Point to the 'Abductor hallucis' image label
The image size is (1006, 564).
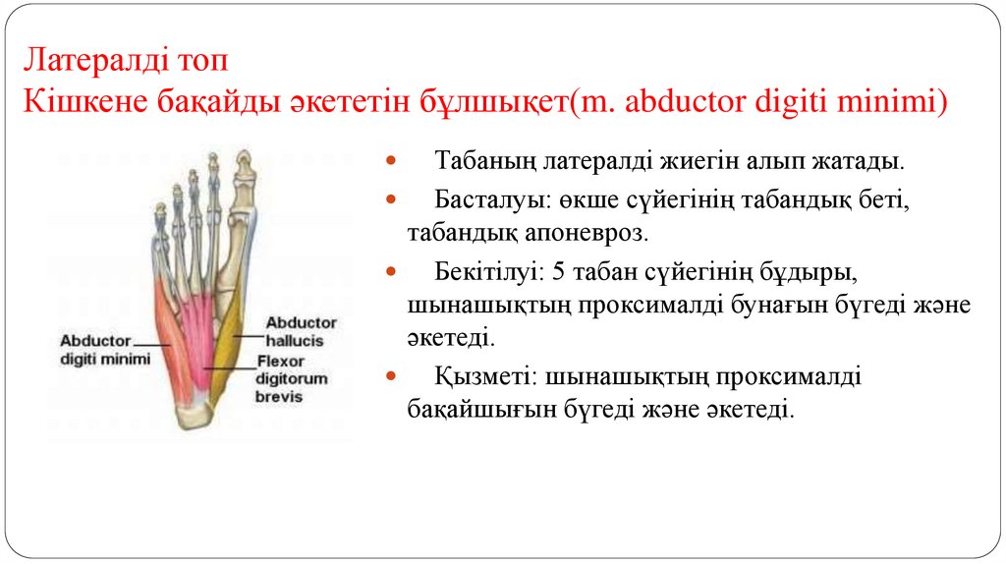302,331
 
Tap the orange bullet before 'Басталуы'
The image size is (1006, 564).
391,198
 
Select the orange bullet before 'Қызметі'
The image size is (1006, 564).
391,376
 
